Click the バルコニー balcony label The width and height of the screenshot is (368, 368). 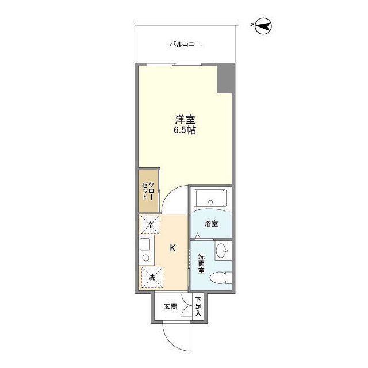click(185, 44)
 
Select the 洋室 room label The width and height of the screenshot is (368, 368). click(185, 120)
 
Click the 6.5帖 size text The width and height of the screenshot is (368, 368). click(185, 131)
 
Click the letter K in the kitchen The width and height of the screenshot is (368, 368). click(172, 248)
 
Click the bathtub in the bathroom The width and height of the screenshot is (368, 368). click(210, 200)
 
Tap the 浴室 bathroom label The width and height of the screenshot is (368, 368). click(211, 224)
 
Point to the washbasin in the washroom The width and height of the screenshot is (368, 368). click(222, 250)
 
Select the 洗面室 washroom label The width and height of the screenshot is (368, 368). click(202, 263)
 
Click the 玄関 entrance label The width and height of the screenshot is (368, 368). click(170, 306)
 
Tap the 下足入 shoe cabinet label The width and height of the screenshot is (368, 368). click(198, 306)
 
